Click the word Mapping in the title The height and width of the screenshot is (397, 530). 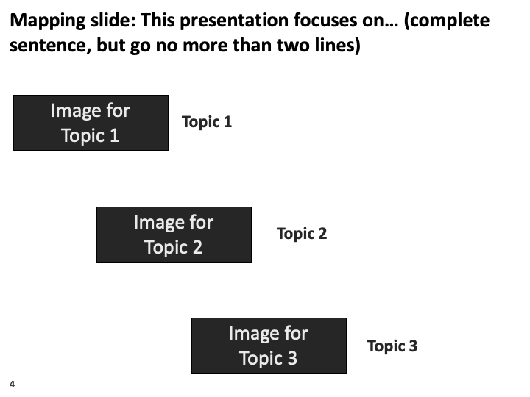tap(48, 21)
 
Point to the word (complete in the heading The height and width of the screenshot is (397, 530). tap(447, 21)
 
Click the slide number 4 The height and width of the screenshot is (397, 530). tap(13, 385)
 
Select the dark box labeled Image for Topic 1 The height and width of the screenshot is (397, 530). tap(91, 123)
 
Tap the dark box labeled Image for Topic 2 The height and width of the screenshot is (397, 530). tap(174, 235)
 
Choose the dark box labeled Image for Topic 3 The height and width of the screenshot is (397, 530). tap(269, 346)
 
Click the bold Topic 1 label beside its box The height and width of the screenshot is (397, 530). tap(207, 122)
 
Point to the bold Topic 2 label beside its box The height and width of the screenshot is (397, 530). tap(302, 234)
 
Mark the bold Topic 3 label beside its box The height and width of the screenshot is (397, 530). tap(392, 346)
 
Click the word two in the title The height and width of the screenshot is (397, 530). tap(293, 46)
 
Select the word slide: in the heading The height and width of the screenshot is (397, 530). tap(113, 21)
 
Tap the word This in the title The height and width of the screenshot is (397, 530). tap(158, 21)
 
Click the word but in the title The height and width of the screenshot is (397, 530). tap(111, 46)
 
